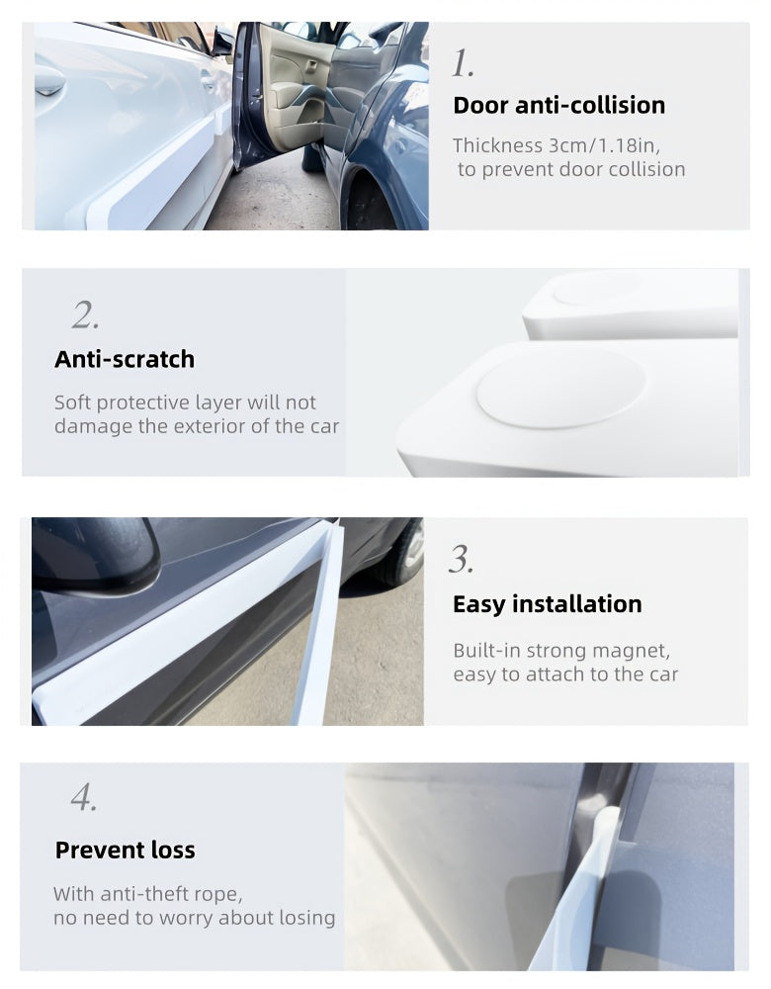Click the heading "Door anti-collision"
[559, 106]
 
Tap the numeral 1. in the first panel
[463, 63]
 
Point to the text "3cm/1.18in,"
[604, 145]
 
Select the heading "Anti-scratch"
[125, 359]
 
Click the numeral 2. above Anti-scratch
[85, 315]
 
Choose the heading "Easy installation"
[548, 604]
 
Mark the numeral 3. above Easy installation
[461, 560]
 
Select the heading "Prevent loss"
[126, 851]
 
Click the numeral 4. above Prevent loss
[84, 797]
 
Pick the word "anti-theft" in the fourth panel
[136, 894]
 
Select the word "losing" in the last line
[307, 918]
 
